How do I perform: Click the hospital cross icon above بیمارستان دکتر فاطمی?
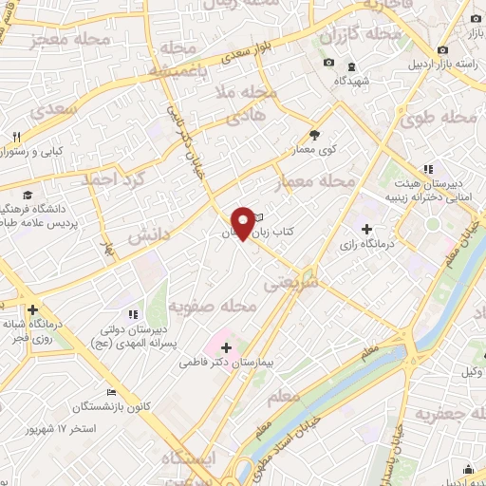click(x=226, y=347)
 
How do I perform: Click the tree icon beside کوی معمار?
click(x=316, y=136)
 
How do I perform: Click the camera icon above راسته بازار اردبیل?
click(x=442, y=49)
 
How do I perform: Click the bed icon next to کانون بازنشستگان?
click(x=112, y=393)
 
